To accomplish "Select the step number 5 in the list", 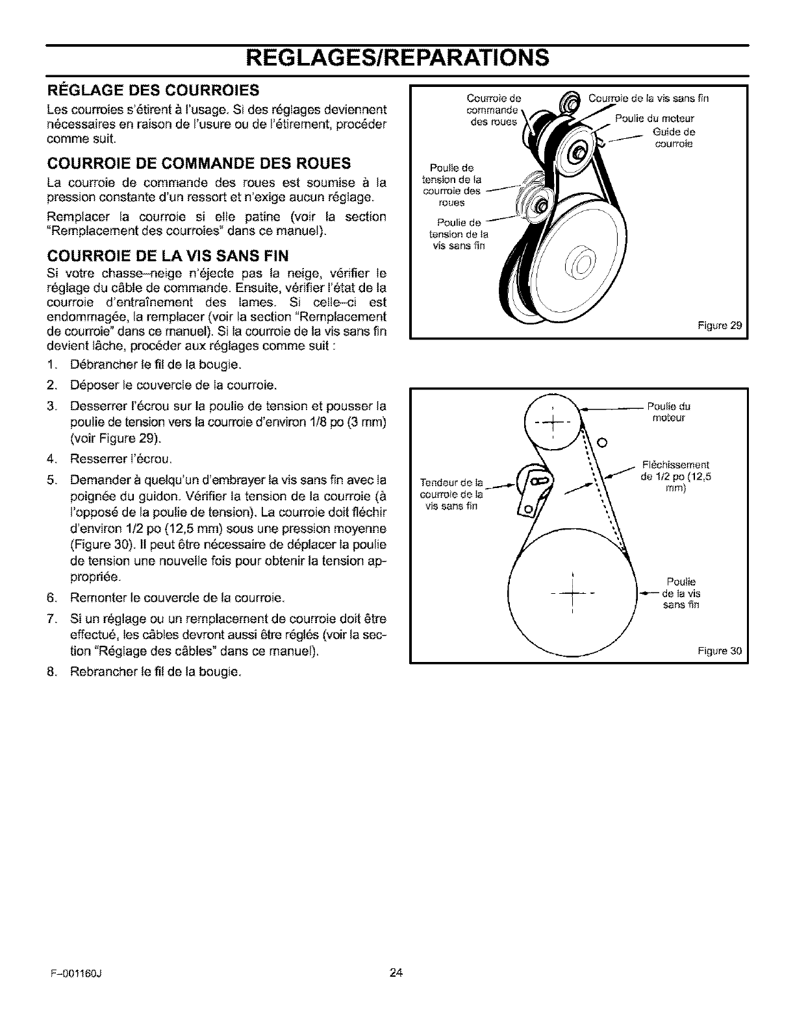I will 50,481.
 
